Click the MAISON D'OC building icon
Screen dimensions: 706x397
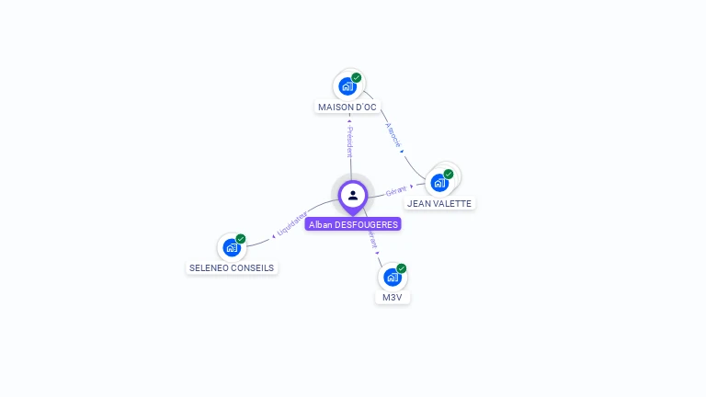click(347, 86)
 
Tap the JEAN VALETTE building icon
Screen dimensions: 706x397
click(439, 182)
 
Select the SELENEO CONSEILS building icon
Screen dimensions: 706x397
click(232, 247)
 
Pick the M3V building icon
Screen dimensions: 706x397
click(393, 277)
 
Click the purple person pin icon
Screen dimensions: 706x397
click(353, 196)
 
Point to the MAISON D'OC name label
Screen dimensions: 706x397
click(347, 108)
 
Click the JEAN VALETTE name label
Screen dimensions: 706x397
click(439, 204)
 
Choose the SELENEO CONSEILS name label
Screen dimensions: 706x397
click(232, 268)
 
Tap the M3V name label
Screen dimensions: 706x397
click(393, 298)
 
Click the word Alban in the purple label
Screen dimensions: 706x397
click(320, 224)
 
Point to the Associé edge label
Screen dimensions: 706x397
click(393, 135)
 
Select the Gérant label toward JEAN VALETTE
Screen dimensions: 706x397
click(397, 190)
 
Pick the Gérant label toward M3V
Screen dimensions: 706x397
click(372, 240)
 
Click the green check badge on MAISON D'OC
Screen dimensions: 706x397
click(357, 78)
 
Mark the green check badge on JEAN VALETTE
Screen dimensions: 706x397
click(449, 174)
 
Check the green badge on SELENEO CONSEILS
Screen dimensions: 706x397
click(241, 239)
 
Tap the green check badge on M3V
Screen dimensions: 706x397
click(402, 268)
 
